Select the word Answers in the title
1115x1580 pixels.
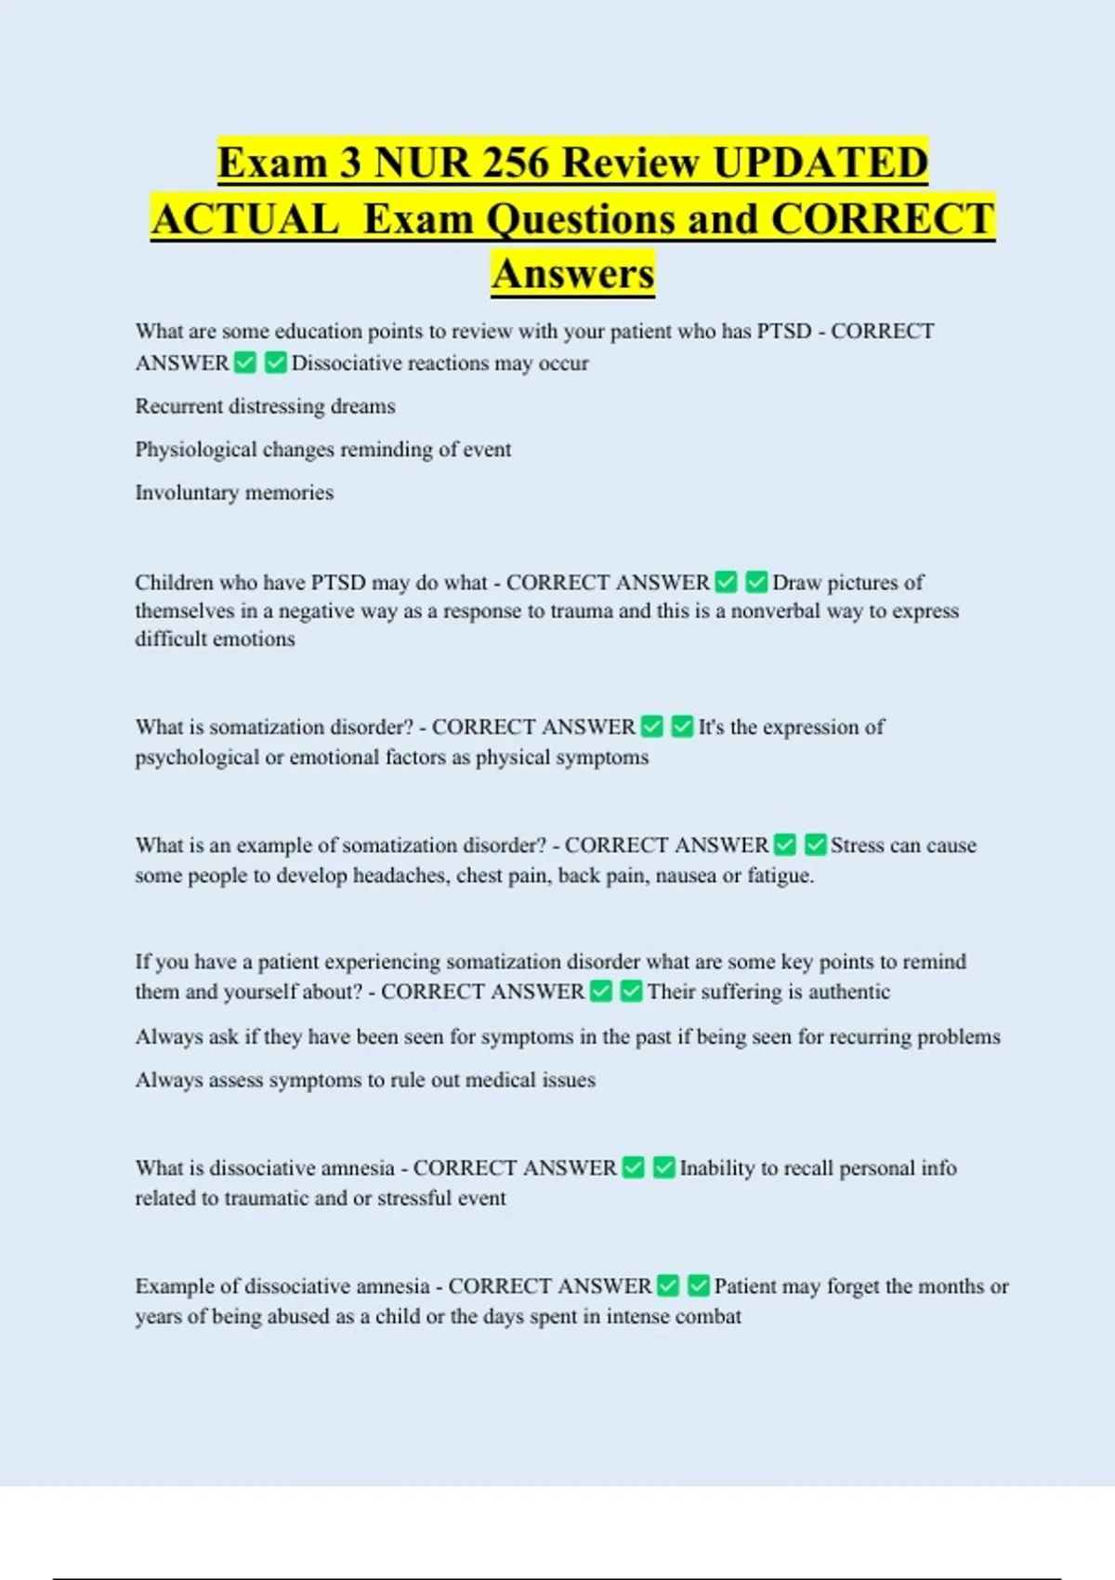(573, 274)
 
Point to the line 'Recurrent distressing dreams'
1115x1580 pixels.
(265, 406)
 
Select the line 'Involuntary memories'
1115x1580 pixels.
(234, 493)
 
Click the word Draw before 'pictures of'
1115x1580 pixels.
(796, 583)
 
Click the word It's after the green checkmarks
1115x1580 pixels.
(711, 727)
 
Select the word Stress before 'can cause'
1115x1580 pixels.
(857, 846)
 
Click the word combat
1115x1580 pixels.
(711, 1317)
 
